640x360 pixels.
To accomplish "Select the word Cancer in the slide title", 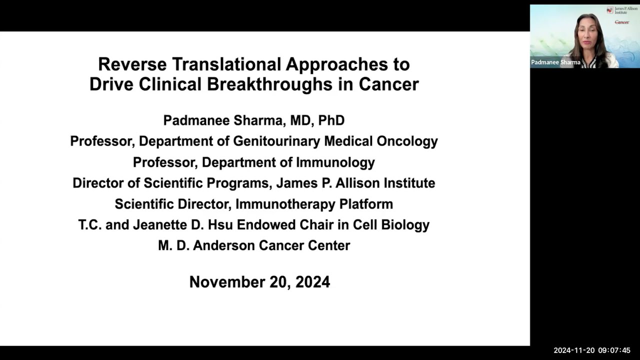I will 388,84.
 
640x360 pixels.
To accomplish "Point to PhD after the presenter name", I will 331,120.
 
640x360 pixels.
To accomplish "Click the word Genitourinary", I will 277,141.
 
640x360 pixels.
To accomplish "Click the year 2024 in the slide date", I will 312,282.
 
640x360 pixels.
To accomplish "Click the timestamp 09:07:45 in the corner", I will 614,350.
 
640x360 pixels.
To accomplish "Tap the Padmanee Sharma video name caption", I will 555,62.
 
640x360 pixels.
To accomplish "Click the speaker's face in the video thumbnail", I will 587,37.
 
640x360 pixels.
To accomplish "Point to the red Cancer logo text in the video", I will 621,22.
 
